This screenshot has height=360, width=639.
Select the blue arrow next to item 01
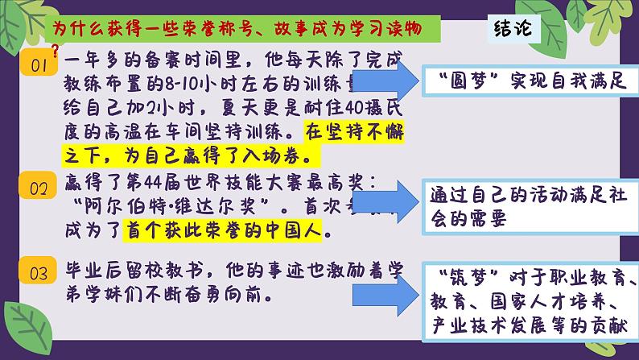[378, 81]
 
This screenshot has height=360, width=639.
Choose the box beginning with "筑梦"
[532, 303]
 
